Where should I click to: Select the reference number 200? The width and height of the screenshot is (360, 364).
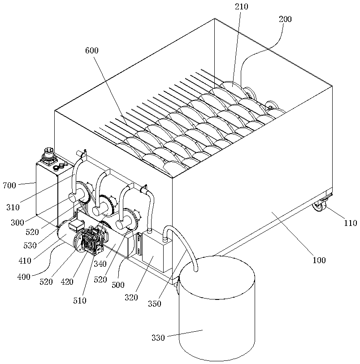(x=285, y=19)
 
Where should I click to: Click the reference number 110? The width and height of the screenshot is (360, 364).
(x=351, y=222)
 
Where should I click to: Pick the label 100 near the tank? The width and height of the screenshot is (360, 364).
(x=319, y=260)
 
